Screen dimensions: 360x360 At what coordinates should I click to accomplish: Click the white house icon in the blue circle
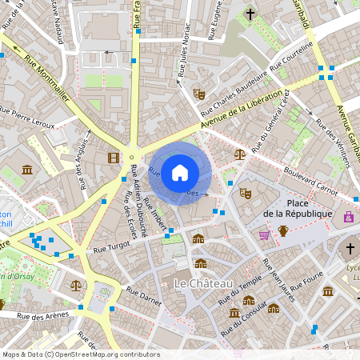point(180,172)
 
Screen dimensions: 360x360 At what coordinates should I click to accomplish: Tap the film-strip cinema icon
point(114,157)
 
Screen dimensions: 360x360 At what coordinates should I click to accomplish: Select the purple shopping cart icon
point(264,234)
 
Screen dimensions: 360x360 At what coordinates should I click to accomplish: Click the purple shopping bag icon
point(348,216)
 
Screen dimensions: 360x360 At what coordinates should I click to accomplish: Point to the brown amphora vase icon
point(282,231)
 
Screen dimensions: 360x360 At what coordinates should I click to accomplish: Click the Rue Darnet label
point(144,297)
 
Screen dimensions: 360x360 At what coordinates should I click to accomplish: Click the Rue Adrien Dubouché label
point(139,200)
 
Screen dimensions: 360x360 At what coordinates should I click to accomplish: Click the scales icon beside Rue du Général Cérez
point(239,154)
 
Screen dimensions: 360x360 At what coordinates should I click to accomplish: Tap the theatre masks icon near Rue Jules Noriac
point(199,94)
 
